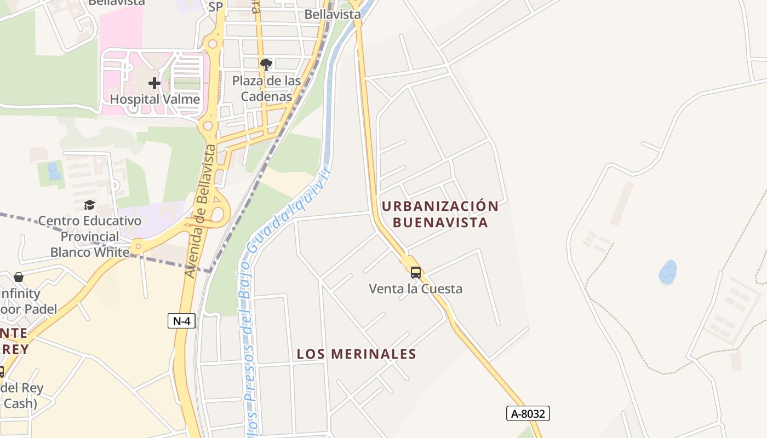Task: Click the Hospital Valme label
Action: tap(155, 99)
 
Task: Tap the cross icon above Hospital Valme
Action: tap(154, 83)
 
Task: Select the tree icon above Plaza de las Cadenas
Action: tap(266, 65)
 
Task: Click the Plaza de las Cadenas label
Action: tap(266, 89)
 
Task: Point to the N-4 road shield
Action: tap(181, 321)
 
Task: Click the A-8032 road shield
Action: tap(528, 413)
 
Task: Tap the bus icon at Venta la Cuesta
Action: tap(416, 272)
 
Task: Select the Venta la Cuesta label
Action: tap(415, 289)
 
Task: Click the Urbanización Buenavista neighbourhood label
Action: tap(440, 214)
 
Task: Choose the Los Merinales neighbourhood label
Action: tap(357, 354)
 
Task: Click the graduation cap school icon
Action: tap(89, 205)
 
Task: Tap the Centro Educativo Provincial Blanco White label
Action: tap(90, 237)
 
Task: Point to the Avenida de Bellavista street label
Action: tap(201, 211)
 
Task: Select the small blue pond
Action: tap(667, 272)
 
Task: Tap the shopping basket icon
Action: tap(19, 277)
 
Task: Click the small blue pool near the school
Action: tap(54, 171)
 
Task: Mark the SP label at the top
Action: tap(216, 7)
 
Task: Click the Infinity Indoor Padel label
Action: tap(22, 301)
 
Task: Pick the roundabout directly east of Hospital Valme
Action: tap(208, 126)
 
